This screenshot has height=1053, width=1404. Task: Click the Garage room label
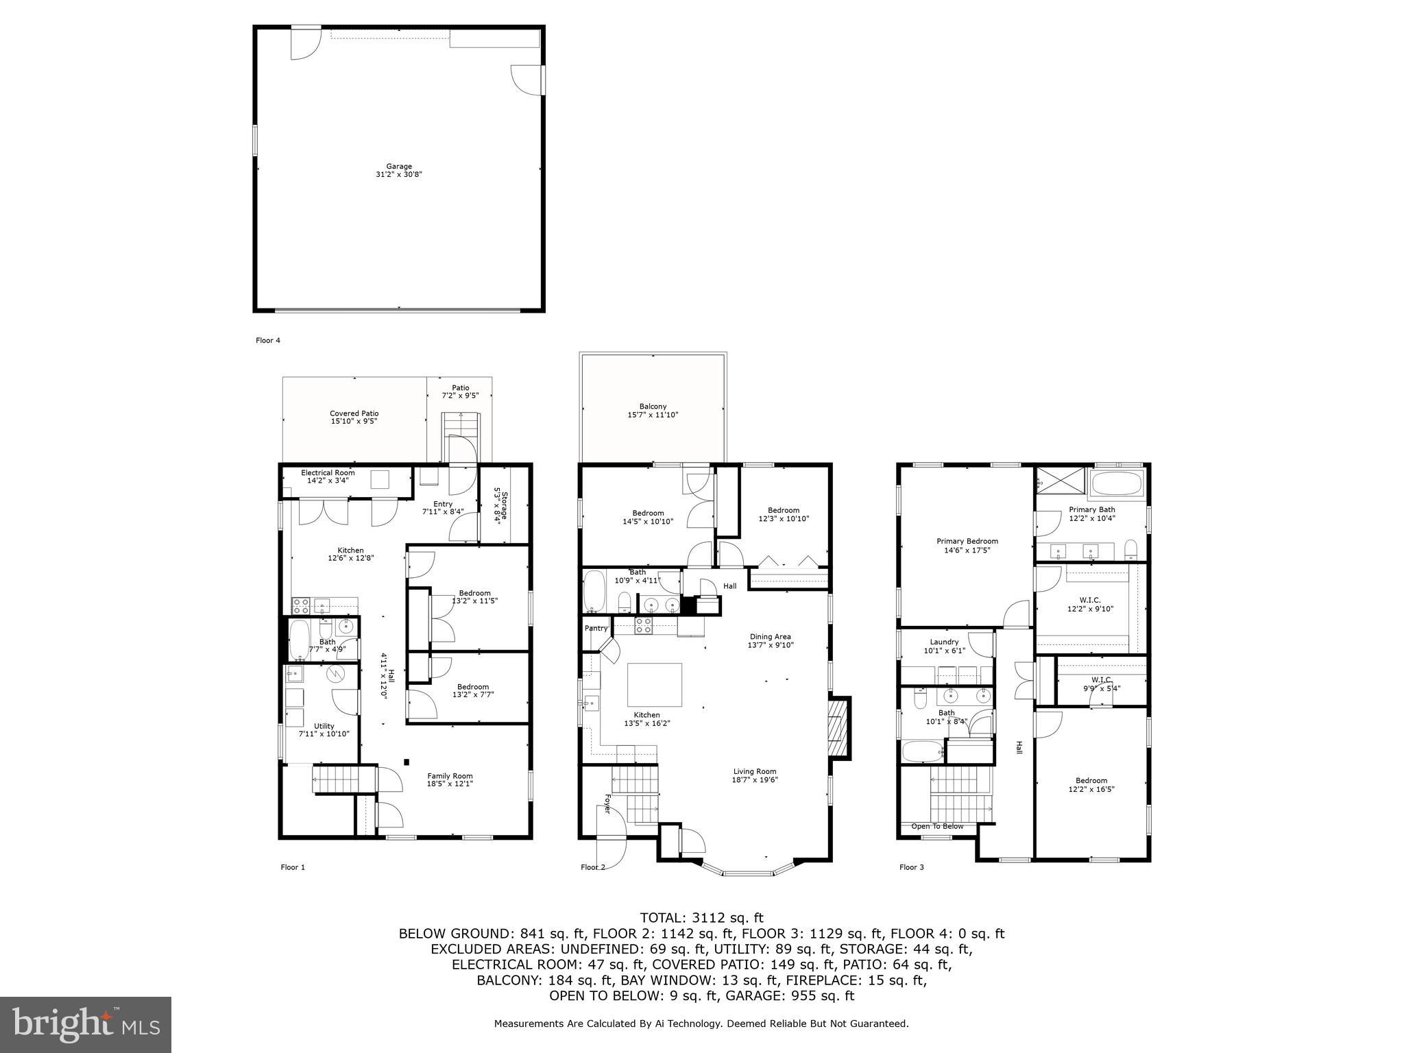click(x=398, y=167)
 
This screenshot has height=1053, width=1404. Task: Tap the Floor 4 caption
click(x=268, y=340)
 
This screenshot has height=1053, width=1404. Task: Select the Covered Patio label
click(x=354, y=413)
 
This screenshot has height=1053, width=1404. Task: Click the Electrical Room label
click(x=328, y=473)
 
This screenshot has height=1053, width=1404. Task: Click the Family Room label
click(x=450, y=776)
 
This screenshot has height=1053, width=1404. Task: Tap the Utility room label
click(x=324, y=726)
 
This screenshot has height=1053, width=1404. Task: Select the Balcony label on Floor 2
click(x=653, y=407)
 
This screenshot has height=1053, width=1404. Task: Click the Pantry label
click(x=596, y=628)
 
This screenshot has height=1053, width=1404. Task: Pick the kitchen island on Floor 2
click(x=655, y=684)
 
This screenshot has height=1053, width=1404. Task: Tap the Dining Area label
click(x=771, y=637)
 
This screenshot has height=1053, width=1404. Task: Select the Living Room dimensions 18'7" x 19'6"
click(x=755, y=779)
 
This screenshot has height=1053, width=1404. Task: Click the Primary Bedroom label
click(x=967, y=542)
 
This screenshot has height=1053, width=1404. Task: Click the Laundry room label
click(x=944, y=642)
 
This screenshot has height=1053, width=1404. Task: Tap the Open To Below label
click(x=936, y=826)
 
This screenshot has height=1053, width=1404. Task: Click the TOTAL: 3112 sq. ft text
click(x=701, y=918)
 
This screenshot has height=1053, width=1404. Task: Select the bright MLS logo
click(x=86, y=1024)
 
